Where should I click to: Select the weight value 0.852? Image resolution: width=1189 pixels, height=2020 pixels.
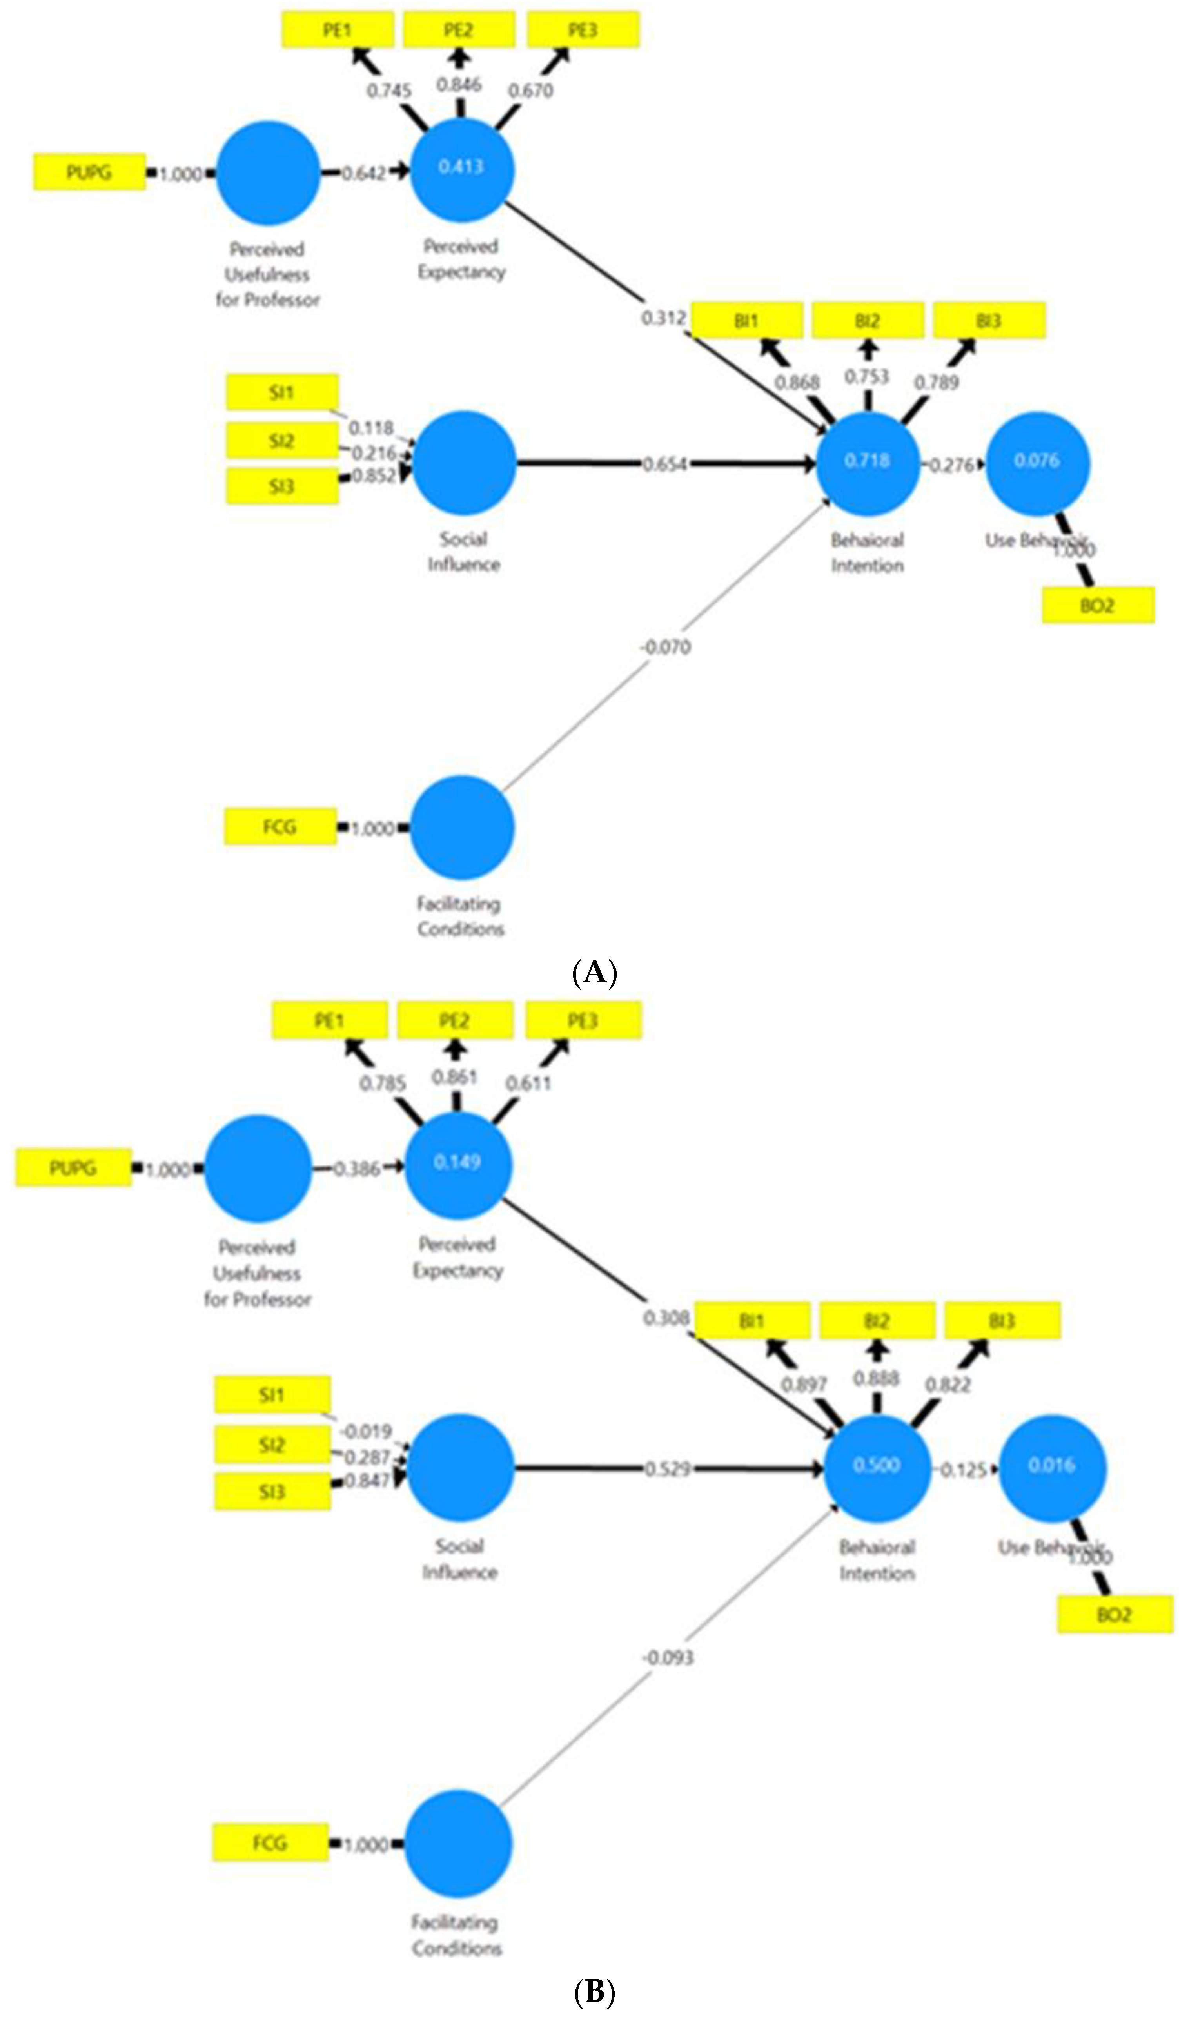(x=374, y=476)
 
